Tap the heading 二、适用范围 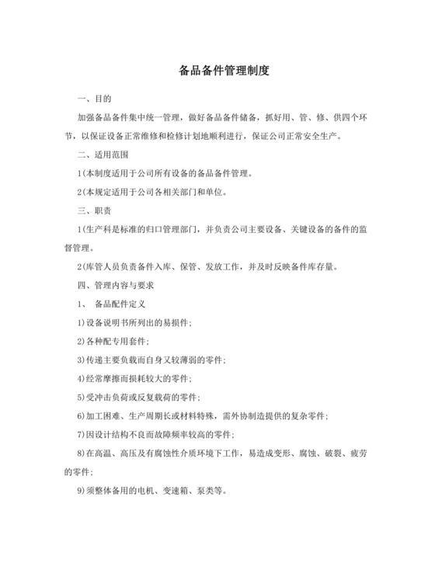pyautogui.click(x=104, y=154)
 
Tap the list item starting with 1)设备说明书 pyautogui.click(x=135, y=321)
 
